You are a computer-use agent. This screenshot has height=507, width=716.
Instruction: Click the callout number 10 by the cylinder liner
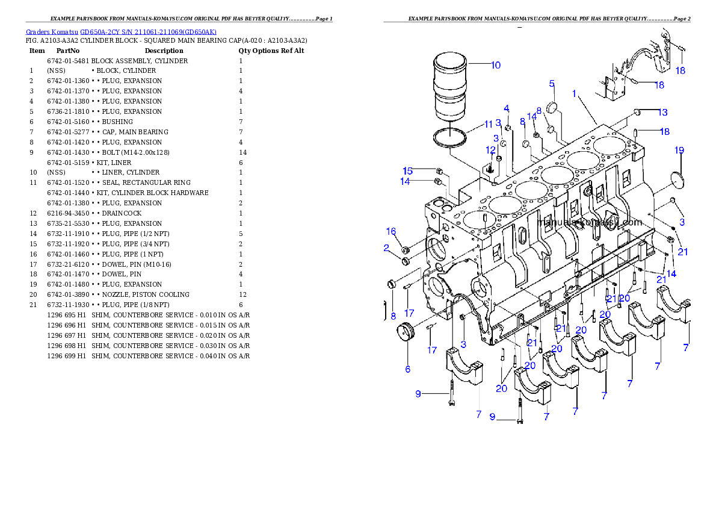pyautogui.click(x=495, y=65)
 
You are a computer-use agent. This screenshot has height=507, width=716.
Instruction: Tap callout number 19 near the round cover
pyautogui.click(x=679, y=150)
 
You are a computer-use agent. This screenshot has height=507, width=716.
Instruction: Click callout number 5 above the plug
pyautogui.click(x=552, y=83)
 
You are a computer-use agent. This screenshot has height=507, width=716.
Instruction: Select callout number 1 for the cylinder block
pyautogui.click(x=575, y=93)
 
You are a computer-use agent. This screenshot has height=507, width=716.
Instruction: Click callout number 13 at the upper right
pyautogui.click(x=662, y=112)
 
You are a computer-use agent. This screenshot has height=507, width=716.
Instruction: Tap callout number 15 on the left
pyautogui.click(x=408, y=170)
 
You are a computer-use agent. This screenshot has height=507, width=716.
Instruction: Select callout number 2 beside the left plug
pyautogui.click(x=386, y=247)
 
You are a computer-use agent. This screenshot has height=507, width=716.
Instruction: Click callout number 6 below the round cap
pyautogui.click(x=407, y=369)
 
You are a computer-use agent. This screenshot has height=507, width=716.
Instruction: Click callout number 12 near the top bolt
pyautogui.click(x=491, y=149)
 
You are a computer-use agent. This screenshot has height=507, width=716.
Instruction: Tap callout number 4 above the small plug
pyautogui.click(x=507, y=108)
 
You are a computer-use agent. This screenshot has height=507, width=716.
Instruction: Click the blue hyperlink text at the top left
pyautogui.click(x=121, y=32)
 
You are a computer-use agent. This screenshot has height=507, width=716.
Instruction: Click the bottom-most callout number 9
pyautogui.click(x=492, y=416)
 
